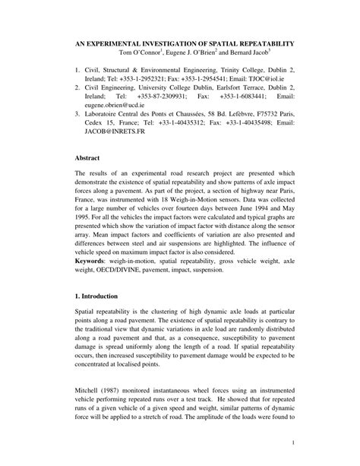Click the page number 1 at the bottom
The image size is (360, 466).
click(x=292, y=442)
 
